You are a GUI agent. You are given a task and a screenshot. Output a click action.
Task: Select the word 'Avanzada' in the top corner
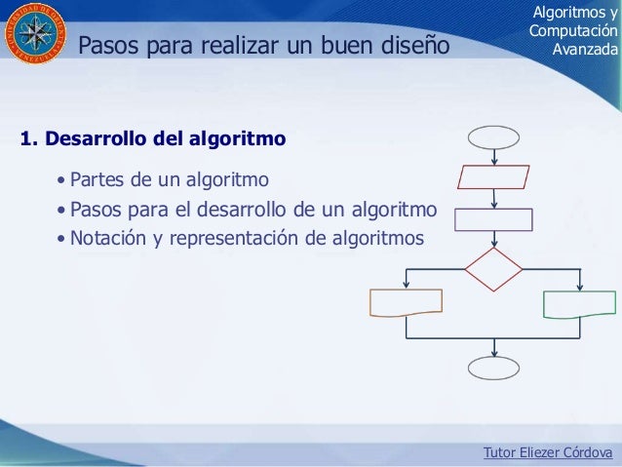coord(584,49)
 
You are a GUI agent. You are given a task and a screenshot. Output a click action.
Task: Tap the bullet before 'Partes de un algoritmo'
coord(62,181)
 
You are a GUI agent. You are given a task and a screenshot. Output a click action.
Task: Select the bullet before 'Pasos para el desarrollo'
coord(62,210)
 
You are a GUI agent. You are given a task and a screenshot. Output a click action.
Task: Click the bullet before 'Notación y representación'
coord(62,238)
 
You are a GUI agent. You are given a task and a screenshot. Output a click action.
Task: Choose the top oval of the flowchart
coord(494,136)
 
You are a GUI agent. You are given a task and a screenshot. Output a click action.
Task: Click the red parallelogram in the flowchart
coord(493,176)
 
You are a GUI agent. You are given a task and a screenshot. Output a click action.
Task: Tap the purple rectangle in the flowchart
coord(493,218)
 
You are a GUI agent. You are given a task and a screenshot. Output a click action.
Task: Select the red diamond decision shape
coord(493,269)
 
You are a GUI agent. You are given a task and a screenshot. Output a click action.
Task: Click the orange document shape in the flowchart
coord(405,303)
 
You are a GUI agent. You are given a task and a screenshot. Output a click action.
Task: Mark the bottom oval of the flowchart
coord(494,367)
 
